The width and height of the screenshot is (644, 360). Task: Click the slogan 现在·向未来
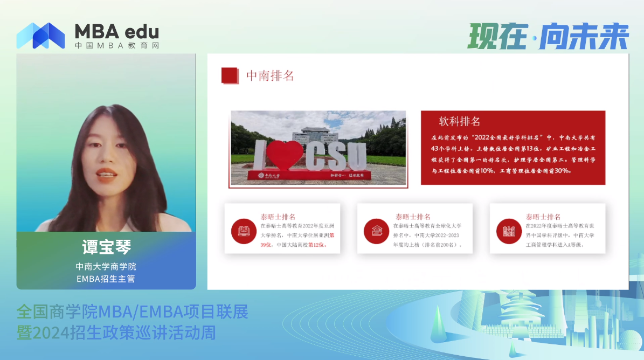[x=548, y=37]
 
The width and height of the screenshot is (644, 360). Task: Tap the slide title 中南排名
[x=270, y=76]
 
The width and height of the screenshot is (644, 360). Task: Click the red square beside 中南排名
[x=230, y=75]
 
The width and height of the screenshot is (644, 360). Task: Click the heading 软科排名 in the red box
[x=459, y=121]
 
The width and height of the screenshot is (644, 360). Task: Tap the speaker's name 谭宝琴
[x=106, y=247]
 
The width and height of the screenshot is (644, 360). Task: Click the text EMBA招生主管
[x=106, y=279]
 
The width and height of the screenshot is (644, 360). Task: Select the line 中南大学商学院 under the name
[x=106, y=266]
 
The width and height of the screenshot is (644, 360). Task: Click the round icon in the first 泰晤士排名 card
[x=243, y=231]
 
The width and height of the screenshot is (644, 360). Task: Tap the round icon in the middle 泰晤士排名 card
[x=376, y=231]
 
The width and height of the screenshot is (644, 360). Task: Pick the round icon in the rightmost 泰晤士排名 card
[x=509, y=231]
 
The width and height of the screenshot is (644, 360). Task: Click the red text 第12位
[x=317, y=245]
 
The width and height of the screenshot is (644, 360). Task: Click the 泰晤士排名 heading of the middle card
[x=413, y=217]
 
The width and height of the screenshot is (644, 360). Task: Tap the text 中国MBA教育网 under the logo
[x=117, y=46]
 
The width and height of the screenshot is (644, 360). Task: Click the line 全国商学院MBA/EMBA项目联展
[x=132, y=311]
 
